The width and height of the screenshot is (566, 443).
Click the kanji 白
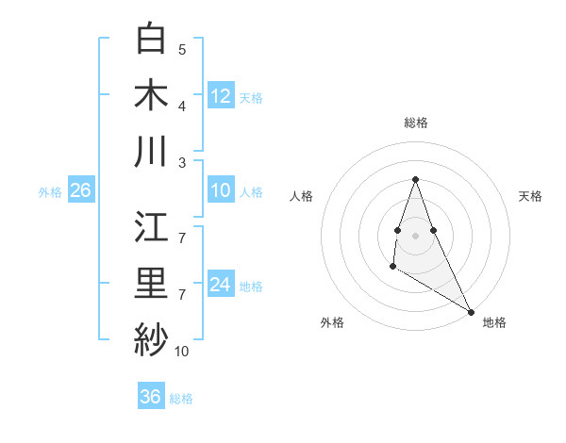point(152,40)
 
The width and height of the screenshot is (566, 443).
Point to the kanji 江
point(152,228)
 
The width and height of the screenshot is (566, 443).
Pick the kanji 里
point(152,284)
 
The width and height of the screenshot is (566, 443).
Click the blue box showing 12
point(221,95)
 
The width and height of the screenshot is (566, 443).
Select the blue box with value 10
point(221,191)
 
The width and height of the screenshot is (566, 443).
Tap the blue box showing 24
point(221,285)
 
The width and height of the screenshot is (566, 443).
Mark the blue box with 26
point(81,191)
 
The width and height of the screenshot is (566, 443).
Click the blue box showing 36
point(151,397)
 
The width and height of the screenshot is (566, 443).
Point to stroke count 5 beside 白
point(182,49)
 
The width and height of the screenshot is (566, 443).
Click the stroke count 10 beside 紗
point(181,352)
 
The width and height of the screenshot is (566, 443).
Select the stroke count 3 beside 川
point(182,161)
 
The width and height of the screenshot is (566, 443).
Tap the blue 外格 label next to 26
point(50,192)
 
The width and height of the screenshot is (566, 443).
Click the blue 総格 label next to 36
point(181,398)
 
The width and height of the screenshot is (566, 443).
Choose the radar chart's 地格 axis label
point(494,322)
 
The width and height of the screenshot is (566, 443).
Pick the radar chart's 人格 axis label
point(302,196)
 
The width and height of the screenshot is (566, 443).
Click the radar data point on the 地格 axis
point(471,311)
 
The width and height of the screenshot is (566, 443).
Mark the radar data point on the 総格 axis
point(415,179)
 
